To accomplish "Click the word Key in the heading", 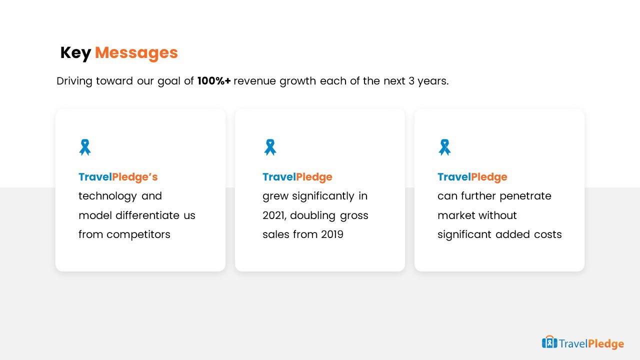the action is click(x=75, y=53).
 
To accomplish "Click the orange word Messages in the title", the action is click(x=136, y=53).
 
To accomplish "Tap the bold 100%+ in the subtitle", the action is click(x=213, y=81).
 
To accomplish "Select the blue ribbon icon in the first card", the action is click(x=85, y=147).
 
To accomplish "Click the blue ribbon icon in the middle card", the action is click(x=270, y=147).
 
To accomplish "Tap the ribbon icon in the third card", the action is click(x=444, y=147).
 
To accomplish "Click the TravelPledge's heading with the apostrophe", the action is click(x=118, y=177).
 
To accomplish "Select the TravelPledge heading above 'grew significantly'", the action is click(x=297, y=177).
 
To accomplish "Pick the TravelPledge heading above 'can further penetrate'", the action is click(x=472, y=177).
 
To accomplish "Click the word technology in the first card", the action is click(x=107, y=196).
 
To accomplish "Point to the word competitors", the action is click(x=138, y=234).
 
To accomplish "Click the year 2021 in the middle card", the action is click(x=274, y=215).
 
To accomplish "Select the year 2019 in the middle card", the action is click(x=332, y=234).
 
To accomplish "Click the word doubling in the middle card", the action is click(x=312, y=215).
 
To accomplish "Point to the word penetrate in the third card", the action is click(x=525, y=196).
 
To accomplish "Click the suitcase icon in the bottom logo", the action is click(x=549, y=342).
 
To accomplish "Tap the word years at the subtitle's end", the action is click(x=433, y=81).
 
